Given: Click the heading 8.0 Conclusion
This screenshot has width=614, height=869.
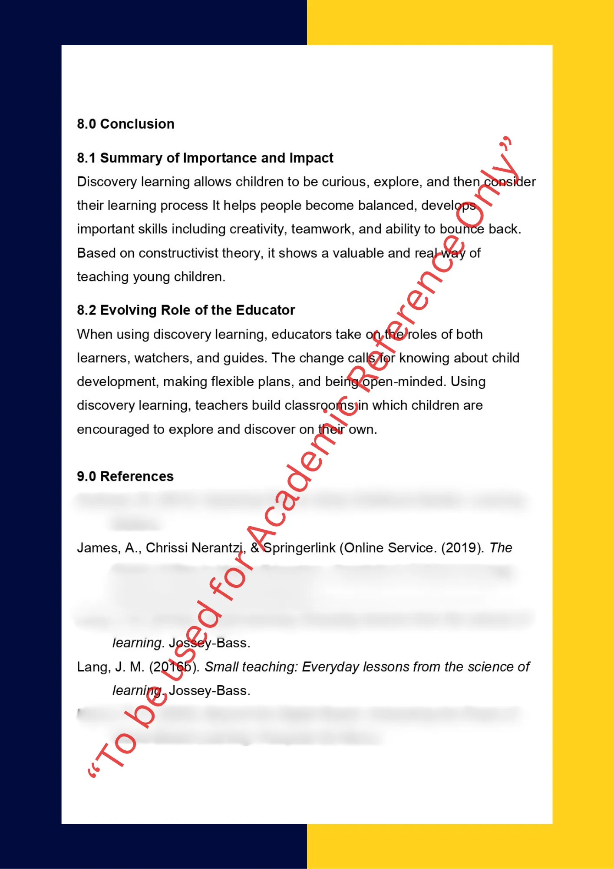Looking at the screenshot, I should tap(125, 124).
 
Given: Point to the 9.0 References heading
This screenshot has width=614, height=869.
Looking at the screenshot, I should tap(125, 476).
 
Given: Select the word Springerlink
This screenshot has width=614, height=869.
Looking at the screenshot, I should tap(300, 548).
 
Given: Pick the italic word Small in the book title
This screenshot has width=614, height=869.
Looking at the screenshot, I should tap(221, 667).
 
